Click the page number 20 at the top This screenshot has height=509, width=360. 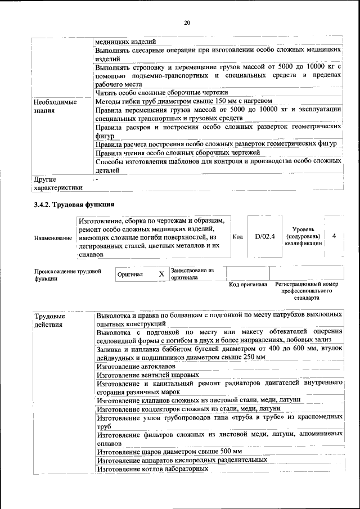[x=187, y=22]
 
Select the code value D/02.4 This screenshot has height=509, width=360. [x=264, y=237]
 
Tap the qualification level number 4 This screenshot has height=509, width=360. [x=334, y=236]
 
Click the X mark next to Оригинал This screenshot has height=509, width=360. [x=161, y=274]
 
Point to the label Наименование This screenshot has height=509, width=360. [x=53, y=238]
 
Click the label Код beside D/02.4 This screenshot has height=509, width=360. [x=237, y=237]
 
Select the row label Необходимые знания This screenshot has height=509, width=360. [x=55, y=107]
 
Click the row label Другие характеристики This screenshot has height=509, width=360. [x=58, y=183]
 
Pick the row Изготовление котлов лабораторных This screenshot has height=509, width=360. [x=149, y=469]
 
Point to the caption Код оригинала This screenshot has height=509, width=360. [x=248, y=285]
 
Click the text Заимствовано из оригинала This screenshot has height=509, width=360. [x=192, y=274]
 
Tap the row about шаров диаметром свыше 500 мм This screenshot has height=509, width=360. [x=169, y=451]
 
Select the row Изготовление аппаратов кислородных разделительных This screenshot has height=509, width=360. [x=181, y=460]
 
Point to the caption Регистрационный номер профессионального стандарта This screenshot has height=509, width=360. [x=307, y=291]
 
